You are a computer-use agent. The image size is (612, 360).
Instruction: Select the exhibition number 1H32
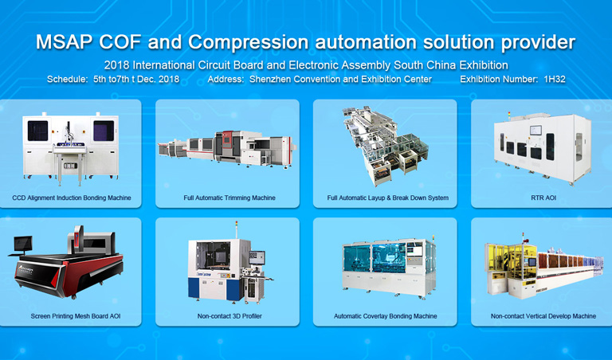[555, 79]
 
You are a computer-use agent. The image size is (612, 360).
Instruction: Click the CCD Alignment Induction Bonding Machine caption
[72, 198]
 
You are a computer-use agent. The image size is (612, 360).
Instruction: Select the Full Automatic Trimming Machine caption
[229, 198]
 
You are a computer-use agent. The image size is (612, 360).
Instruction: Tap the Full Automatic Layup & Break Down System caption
[387, 198]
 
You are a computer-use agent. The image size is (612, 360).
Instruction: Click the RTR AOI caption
[543, 198]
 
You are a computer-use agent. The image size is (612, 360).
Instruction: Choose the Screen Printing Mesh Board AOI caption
[76, 316]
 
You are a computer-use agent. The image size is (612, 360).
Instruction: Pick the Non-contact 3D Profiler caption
[229, 316]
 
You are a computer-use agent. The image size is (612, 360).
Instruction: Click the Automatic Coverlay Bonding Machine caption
[385, 316]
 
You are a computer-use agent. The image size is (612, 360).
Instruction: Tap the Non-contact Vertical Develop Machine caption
[543, 316]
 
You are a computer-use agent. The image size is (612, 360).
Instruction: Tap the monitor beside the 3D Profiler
[257, 257]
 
